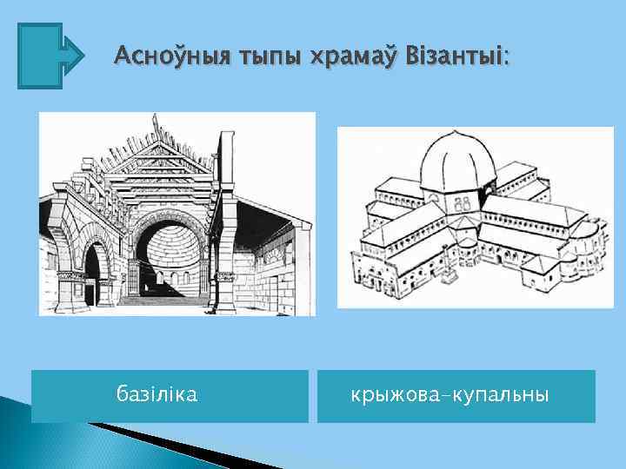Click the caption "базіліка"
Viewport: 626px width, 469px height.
tap(157, 395)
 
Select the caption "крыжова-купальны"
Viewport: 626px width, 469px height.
tap(450, 395)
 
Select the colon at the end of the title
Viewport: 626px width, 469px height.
tap(507, 59)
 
